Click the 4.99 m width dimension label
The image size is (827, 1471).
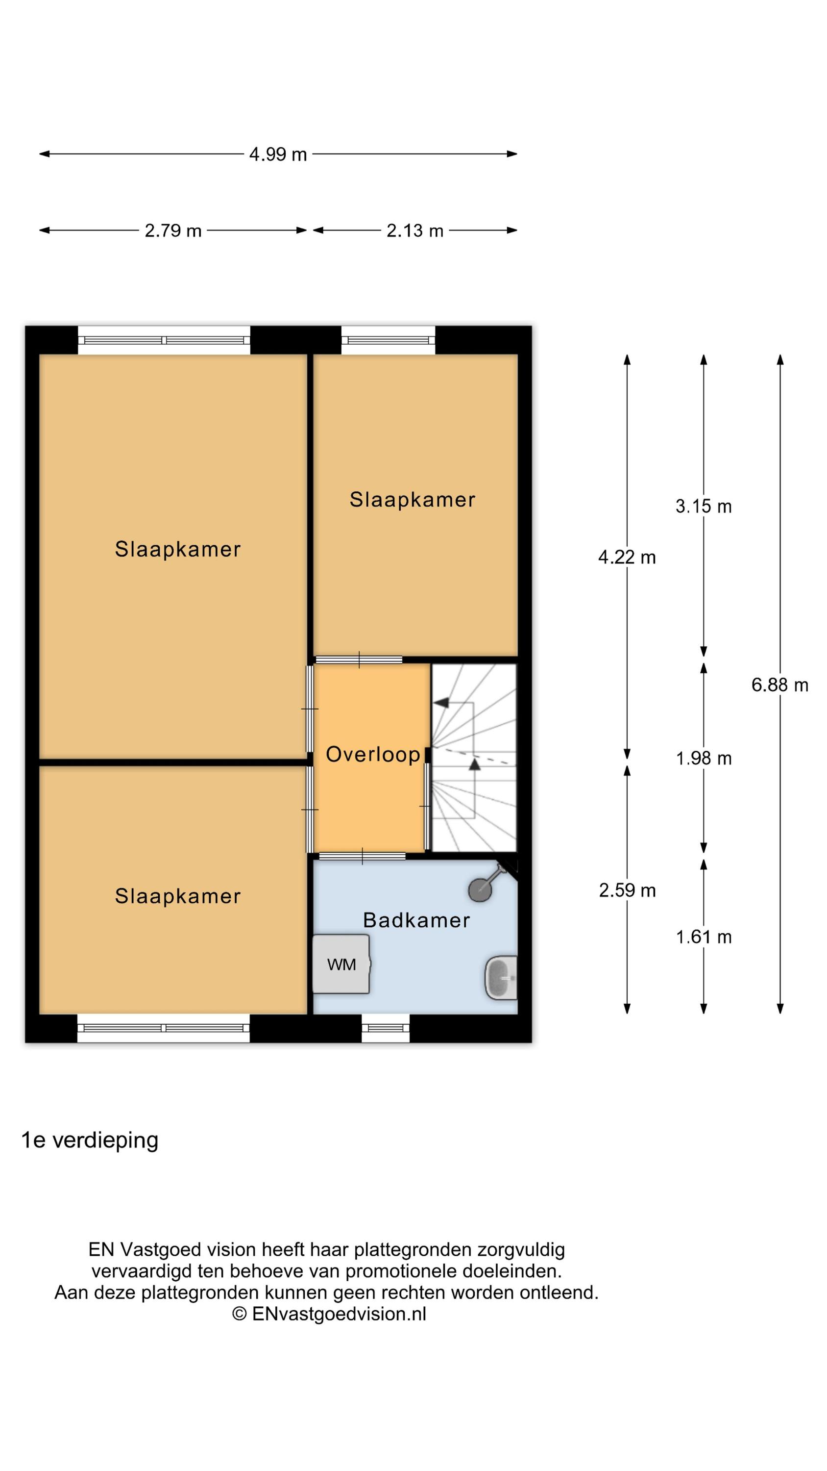click(278, 154)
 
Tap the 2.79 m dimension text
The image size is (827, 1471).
click(173, 230)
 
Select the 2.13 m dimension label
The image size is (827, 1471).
click(415, 230)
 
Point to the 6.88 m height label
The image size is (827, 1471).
click(779, 685)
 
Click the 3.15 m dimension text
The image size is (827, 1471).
click(703, 507)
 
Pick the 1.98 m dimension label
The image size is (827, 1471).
click(703, 759)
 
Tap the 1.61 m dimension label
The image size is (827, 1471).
click(703, 937)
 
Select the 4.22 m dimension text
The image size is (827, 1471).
click(627, 558)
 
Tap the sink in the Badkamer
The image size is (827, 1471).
click(501, 978)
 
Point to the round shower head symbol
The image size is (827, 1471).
click(480, 889)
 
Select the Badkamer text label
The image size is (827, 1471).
click(416, 920)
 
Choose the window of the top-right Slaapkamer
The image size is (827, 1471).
click(388, 340)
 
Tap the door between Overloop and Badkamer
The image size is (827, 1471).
click(362, 856)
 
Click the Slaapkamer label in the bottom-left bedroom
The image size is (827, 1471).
click(177, 896)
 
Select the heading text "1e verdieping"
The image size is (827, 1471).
click(90, 1140)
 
